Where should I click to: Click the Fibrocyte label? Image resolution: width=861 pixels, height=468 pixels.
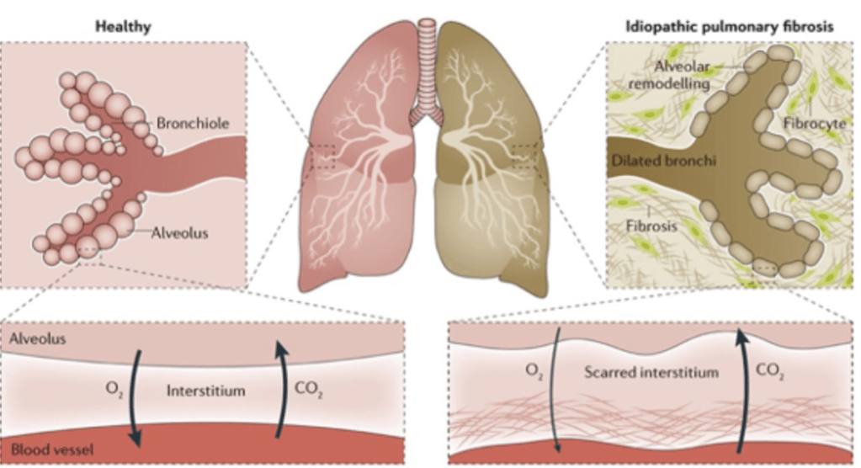(815, 124)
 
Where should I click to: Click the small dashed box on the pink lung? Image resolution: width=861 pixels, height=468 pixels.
(322, 156)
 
